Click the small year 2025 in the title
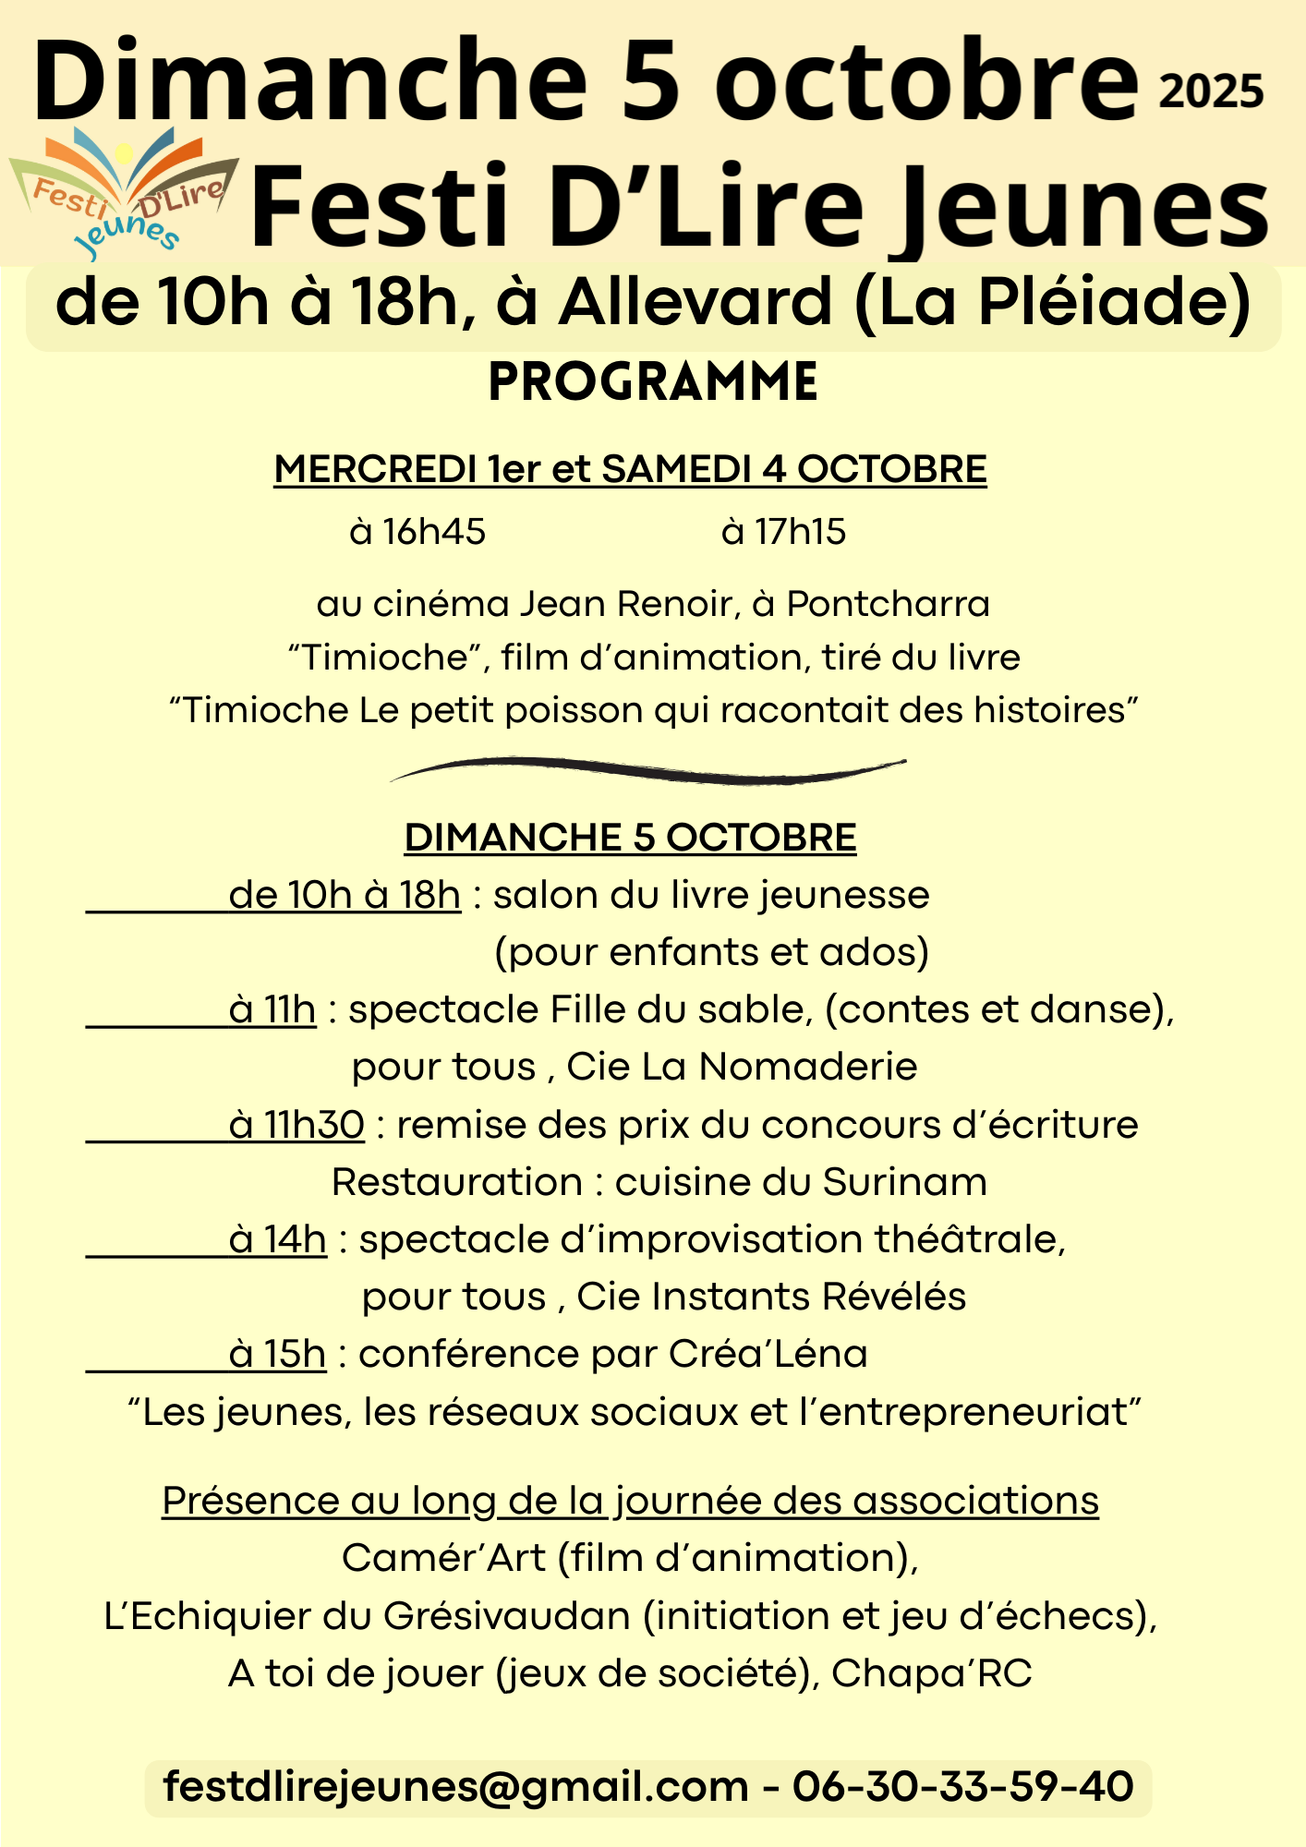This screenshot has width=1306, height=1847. coord(1211,93)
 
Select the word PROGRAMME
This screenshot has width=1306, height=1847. coord(653,383)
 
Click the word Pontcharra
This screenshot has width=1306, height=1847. coord(888,604)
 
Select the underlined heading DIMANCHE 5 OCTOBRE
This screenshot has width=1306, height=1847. coord(630,838)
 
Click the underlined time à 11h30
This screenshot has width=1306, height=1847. coord(296,1125)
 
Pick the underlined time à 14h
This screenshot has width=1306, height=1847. coord(277,1239)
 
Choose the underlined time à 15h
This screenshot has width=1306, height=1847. coord(277,1354)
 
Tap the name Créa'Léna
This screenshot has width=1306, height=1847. coord(768,1354)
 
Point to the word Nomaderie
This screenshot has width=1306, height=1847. coord(808,1067)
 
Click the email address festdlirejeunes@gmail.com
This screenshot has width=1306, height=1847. coord(455,1787)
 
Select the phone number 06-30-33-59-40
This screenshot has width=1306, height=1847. coord(962,1787)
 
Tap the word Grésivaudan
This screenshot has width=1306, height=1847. coord(506,1616)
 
